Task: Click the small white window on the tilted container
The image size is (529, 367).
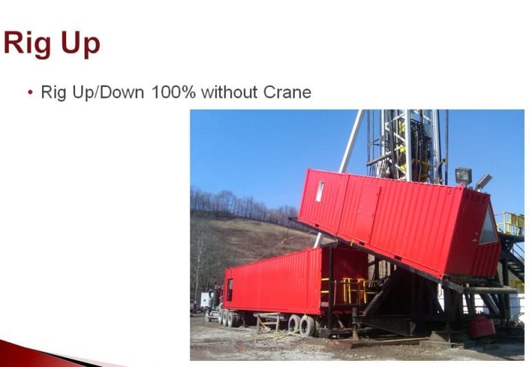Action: pyautogui.click(x=320, y=191)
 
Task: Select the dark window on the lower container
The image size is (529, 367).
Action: pyautogui.click(x=230, y=290)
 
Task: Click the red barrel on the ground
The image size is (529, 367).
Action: pyautogui.click(x=481, y=327)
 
